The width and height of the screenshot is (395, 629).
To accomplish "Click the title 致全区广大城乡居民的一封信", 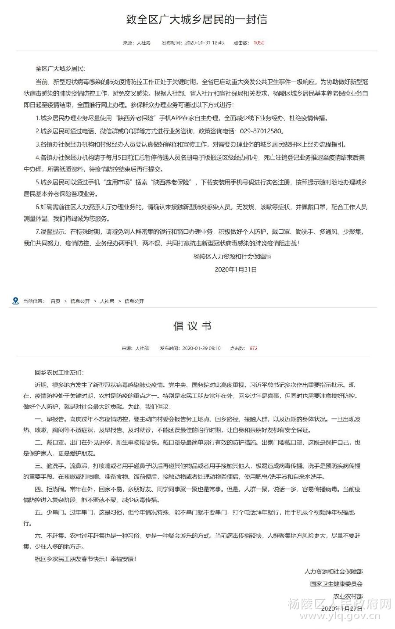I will click(x=197, y=19).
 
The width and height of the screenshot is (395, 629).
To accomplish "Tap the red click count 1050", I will click(x=259, y=43).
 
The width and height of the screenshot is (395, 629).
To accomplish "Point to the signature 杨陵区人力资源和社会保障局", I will click(x=232, y=256).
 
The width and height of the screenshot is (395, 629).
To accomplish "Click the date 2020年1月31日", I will click(x=235, y=269).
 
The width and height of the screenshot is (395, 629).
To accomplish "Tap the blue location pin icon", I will click(x=16, y=301).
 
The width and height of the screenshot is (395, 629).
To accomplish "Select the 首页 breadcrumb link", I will click(x=55, y=301).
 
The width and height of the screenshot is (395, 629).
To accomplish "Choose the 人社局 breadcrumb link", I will click(x=107, y=301).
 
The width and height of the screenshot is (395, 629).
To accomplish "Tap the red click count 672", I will click(x=253, y=349).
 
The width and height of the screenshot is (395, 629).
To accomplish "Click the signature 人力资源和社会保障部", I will click(x=334, y=572).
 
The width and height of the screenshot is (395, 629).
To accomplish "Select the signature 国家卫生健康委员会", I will click(x=336, y=584).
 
